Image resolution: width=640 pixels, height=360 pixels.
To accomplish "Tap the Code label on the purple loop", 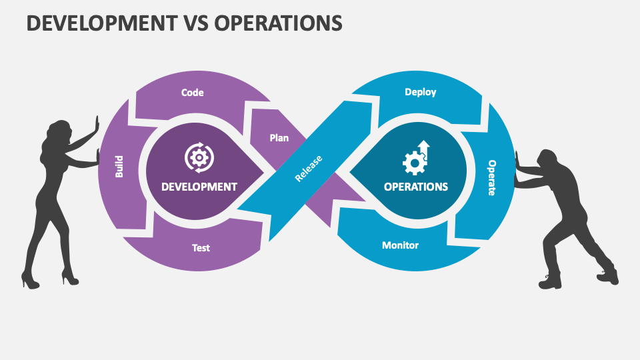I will (x=193, y=93).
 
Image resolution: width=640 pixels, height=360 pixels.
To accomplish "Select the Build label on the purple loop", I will (x=119, y=166).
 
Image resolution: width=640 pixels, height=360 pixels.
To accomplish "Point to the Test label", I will (x=201, y=247).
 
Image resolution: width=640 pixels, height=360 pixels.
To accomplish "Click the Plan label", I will (x=279, y=138).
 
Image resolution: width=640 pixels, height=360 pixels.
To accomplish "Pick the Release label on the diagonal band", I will (x=309, y=168).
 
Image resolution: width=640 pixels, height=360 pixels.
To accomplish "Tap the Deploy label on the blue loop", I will (x=421, y=92).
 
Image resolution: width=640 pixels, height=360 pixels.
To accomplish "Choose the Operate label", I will (x=492, y=177).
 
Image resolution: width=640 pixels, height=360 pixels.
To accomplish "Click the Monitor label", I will (x=400, y=245).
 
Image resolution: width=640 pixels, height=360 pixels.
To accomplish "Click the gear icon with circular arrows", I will (x=199, y=157).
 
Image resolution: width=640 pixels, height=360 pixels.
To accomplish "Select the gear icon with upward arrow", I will (x=417, y=157).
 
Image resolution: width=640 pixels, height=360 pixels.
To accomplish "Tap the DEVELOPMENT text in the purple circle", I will (x=199, y=187).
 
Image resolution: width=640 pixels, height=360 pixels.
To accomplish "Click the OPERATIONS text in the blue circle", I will (x=416, y=187).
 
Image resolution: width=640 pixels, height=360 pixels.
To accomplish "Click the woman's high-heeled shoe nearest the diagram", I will (x=69, y=275).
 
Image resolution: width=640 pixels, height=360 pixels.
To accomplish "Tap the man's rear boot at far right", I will (x=608, y=275).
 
